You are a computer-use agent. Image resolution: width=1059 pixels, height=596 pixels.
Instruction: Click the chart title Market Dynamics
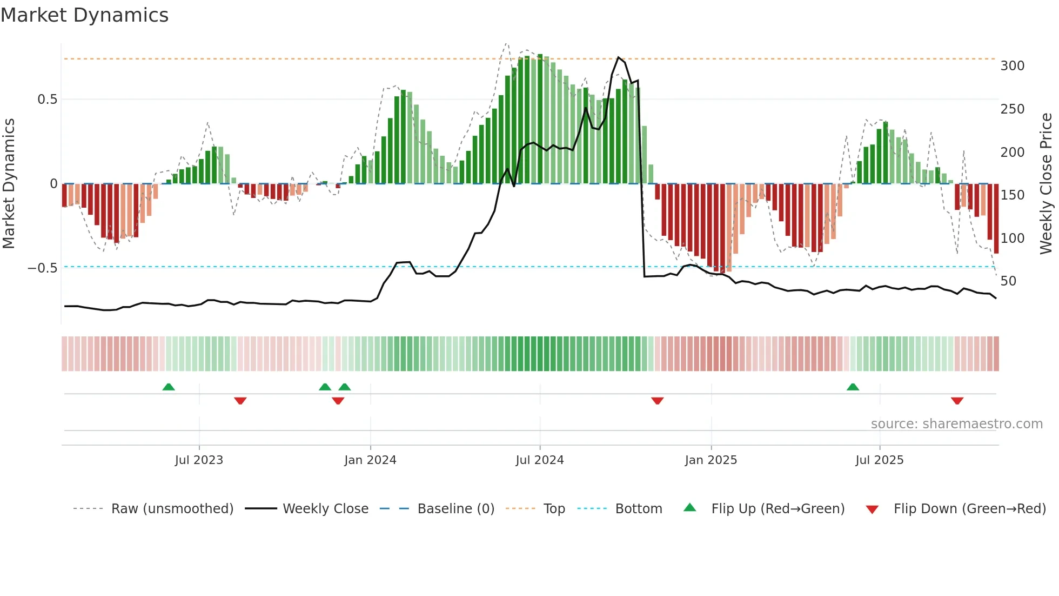pos(85,15)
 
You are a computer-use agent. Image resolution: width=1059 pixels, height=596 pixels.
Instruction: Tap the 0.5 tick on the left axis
pos(47,100)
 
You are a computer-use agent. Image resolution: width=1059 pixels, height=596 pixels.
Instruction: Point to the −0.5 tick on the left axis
pos(43,268)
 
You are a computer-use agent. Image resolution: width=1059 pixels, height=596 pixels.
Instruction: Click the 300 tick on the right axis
pos(1012,66)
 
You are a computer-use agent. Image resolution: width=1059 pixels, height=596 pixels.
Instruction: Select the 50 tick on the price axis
pos(1008,281)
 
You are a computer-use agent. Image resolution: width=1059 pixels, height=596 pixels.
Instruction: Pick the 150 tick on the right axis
pos(1012,195)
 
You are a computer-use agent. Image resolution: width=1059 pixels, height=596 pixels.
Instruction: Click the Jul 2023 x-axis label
pos(199,460)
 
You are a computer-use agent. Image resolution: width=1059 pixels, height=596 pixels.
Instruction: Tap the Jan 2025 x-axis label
pos(711,460)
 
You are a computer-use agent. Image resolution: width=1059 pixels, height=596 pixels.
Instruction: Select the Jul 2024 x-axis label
pos(539,460)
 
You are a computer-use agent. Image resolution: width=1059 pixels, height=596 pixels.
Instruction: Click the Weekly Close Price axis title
pos(1046,184)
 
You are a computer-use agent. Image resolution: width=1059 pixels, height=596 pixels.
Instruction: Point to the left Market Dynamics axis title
pos(9,184)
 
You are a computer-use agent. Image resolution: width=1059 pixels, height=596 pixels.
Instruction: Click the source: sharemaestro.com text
pos(956,424)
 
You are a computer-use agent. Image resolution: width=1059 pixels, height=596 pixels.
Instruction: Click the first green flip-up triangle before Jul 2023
pos(169,387)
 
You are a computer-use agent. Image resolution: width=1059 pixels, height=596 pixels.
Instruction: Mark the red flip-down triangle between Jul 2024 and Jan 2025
pos(657,401)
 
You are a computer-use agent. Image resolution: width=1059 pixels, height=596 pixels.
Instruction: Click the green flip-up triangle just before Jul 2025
pos(853,387)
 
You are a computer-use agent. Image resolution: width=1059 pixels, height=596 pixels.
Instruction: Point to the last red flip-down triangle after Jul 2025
pos(957,401)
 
